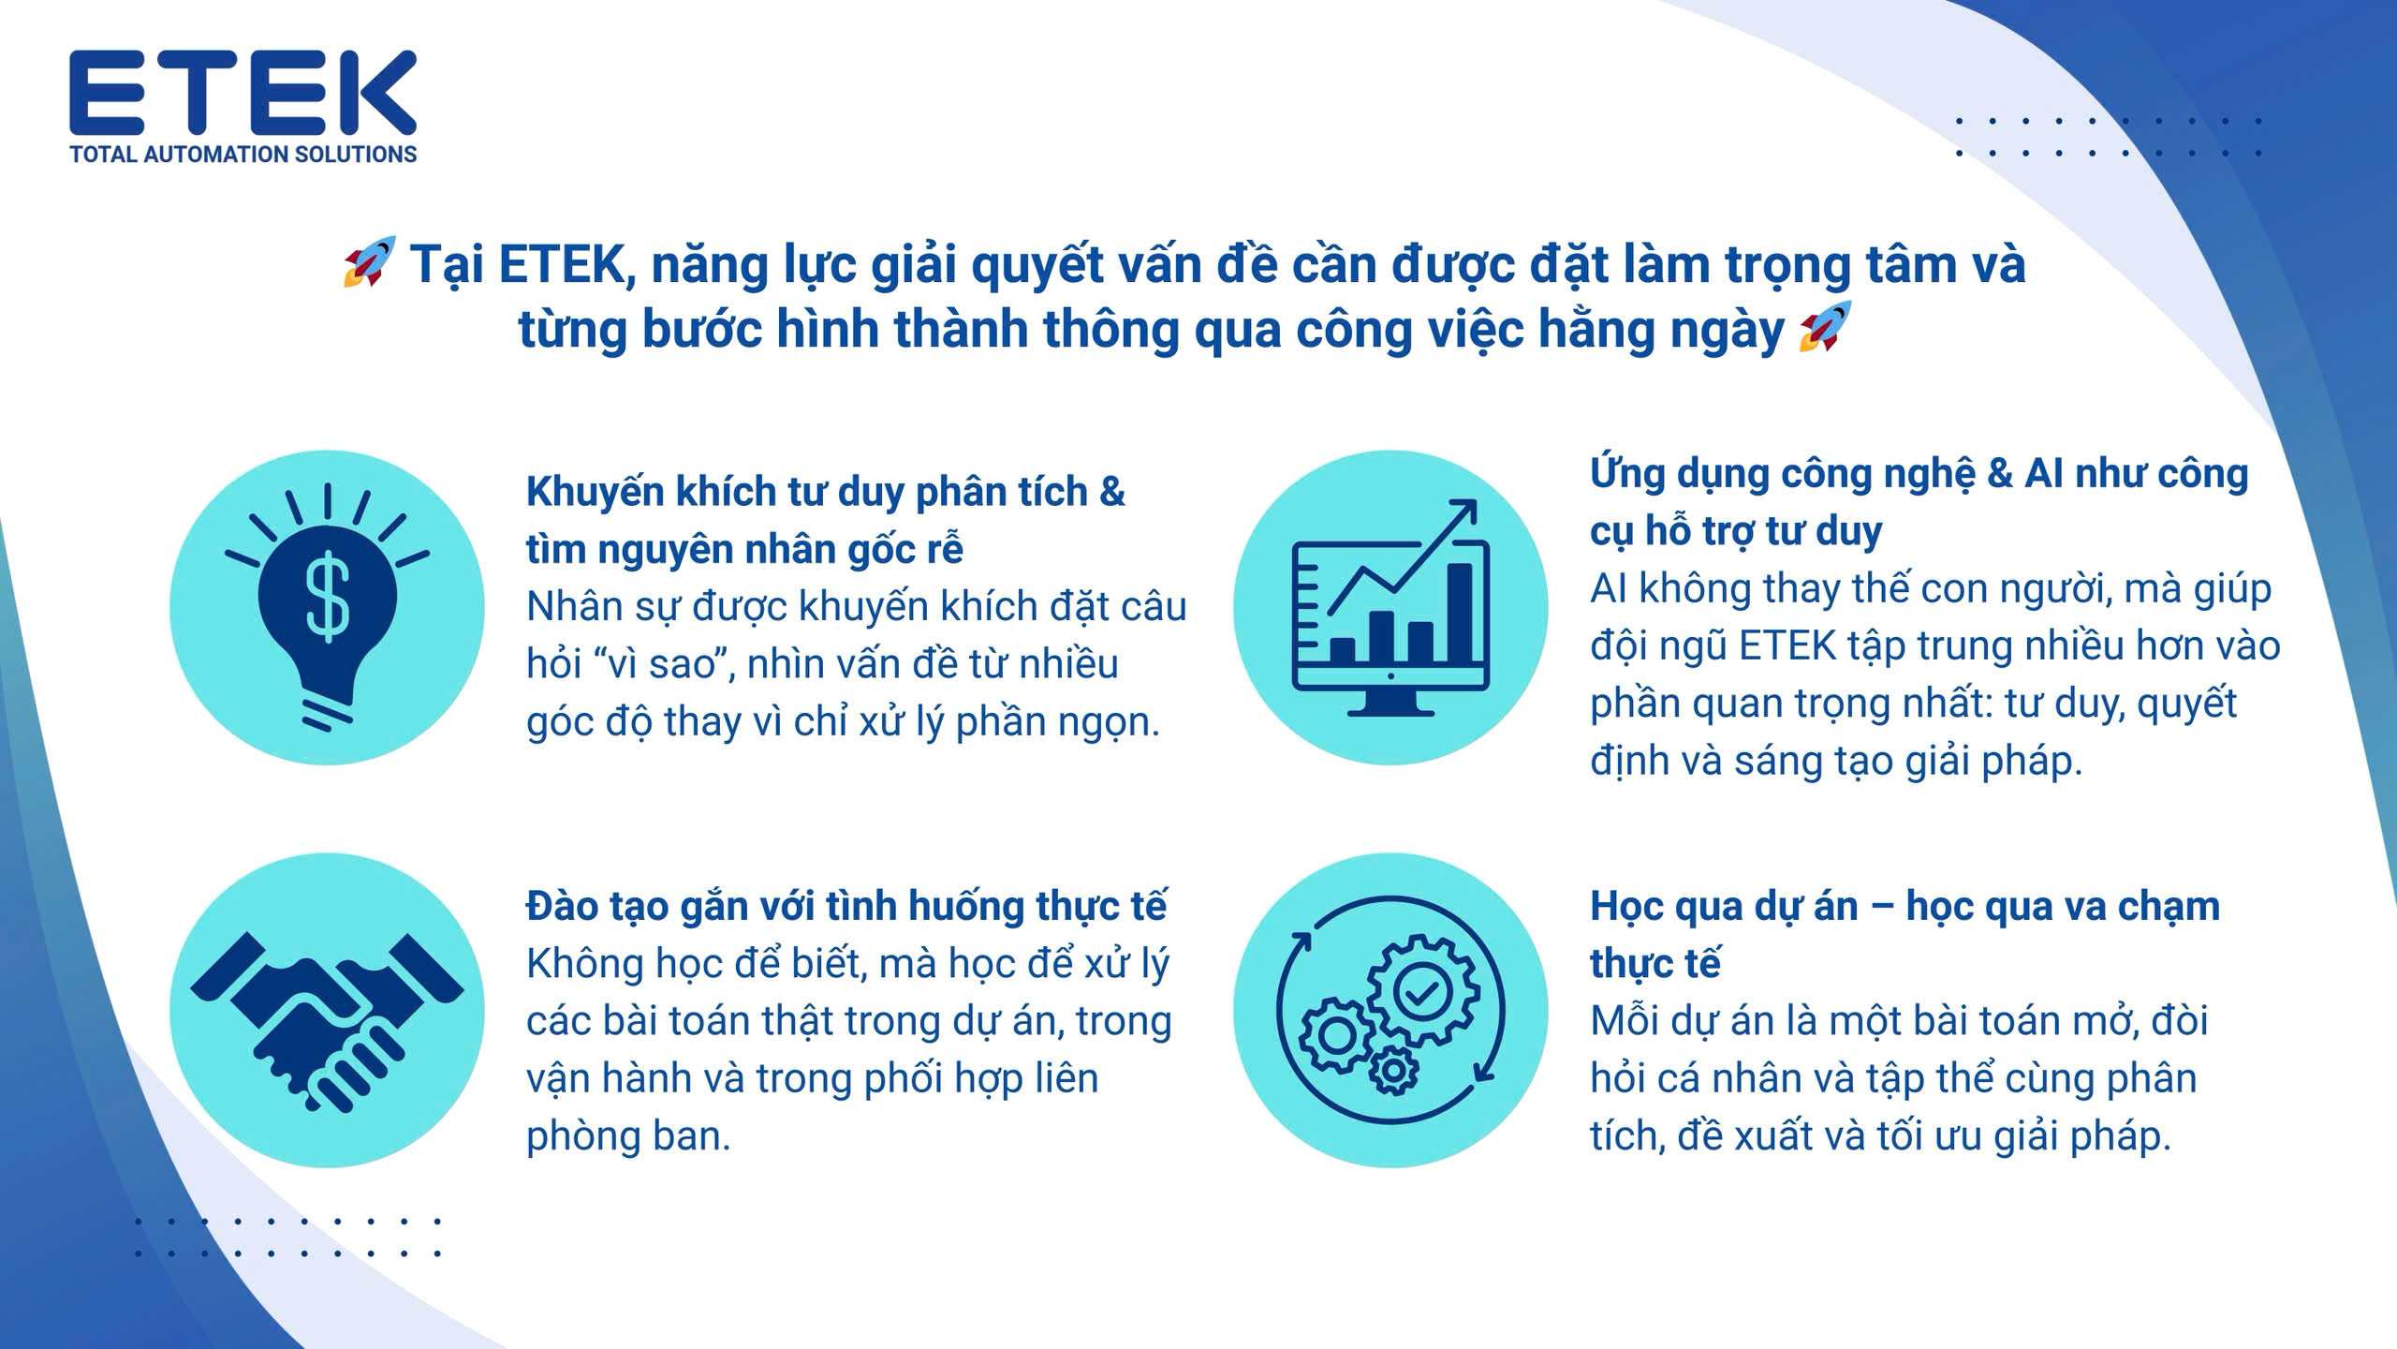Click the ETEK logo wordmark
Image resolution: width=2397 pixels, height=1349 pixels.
pos(243,93)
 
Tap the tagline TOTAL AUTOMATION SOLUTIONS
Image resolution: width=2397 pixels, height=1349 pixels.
pos(243,155)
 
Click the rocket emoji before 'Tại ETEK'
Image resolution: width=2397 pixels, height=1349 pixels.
pos(369,261)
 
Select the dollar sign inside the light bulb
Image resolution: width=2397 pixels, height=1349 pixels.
pos(328,597)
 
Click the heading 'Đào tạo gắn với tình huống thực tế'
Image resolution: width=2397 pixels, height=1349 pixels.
pos(847,907)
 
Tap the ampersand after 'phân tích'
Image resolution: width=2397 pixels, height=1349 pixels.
pos(1111,491)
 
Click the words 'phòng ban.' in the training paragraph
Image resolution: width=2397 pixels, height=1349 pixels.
pos(628,1136)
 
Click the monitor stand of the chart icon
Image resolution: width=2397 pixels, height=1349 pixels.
pos(1390,700)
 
